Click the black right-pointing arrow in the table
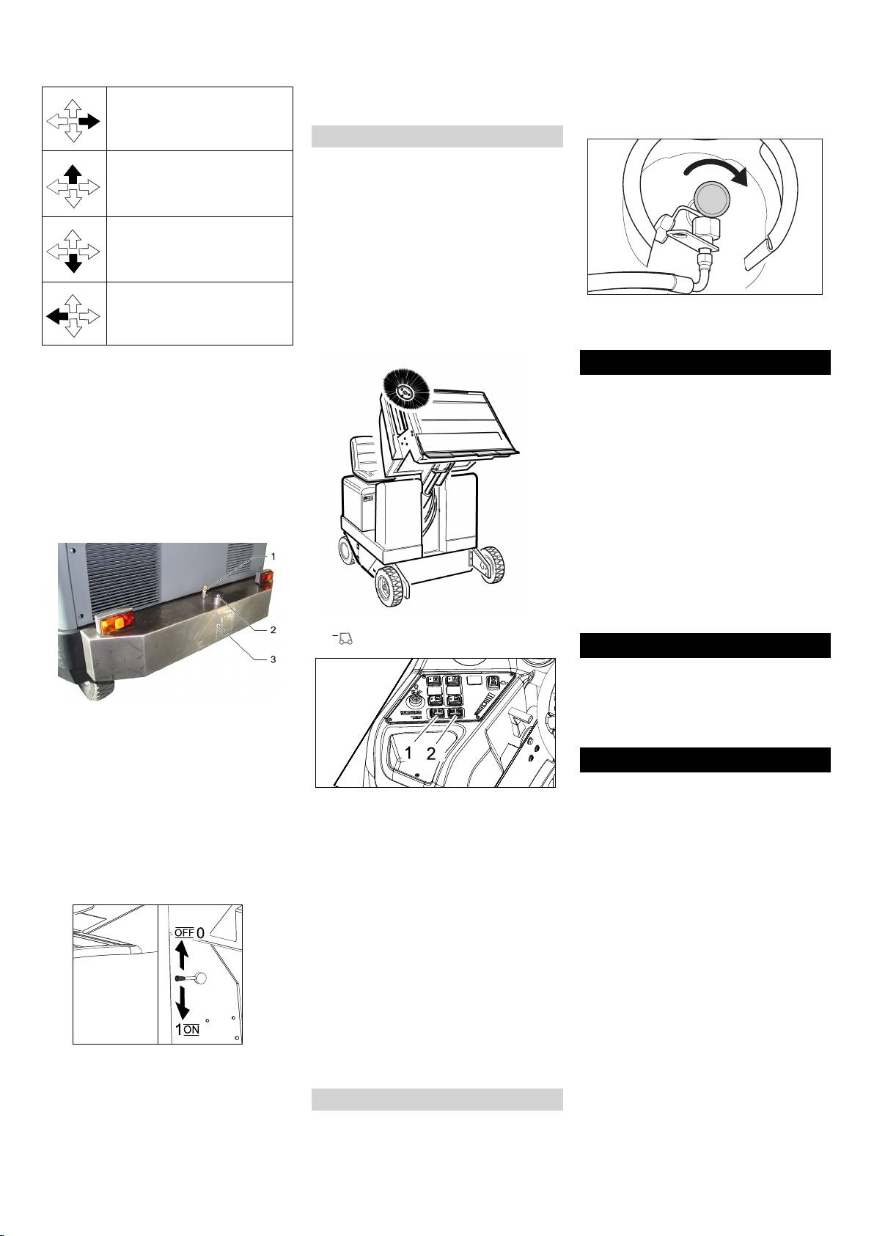click(89, 121)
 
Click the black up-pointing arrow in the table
click(73, 175)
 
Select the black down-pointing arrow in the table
click(73, 264)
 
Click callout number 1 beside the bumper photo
click(273, 557)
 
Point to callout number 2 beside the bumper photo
click(273, 630)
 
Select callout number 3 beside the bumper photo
click(273, 659)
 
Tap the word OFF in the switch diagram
click(184, 933)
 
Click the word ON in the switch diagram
click(191, 1030)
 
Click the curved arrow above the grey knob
click(717, 170)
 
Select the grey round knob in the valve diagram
click(711, 197)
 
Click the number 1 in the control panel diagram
click(408, 753)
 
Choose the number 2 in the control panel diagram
click(431, 753)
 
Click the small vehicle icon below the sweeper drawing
click(344, 639)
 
